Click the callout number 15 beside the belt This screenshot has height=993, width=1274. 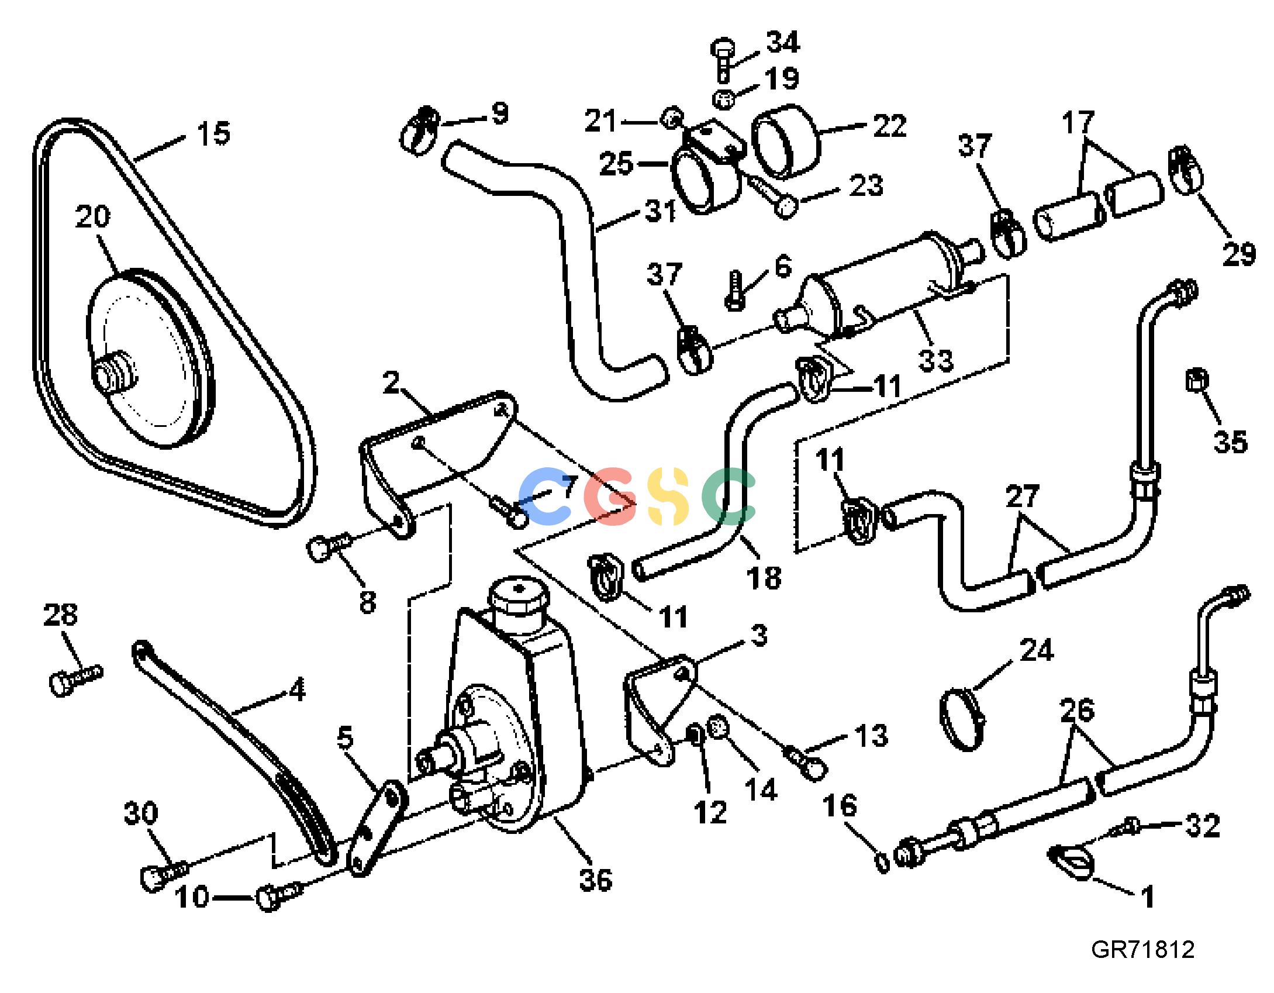point(213,133)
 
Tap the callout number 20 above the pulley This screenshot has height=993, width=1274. point(92,216)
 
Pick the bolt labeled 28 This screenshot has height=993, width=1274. point(76,681)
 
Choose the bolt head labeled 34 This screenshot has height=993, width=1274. point(724,48)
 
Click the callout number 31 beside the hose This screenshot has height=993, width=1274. point(661,211)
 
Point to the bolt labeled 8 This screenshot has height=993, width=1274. point(328,547)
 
